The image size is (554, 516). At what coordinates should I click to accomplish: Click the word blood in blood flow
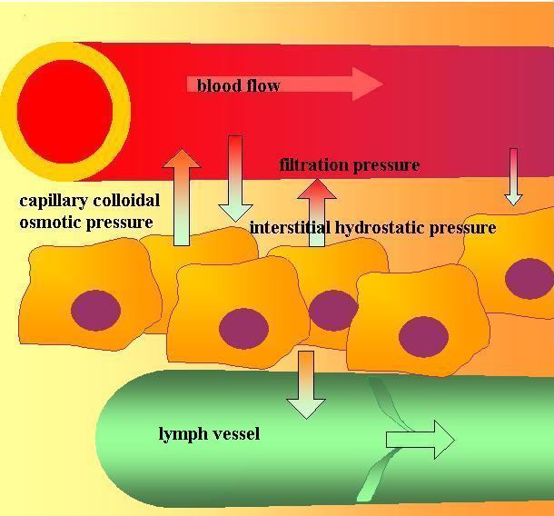[x=218, y=86]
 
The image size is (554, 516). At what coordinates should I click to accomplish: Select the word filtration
[x=314, y=165]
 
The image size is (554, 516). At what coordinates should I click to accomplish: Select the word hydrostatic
[x=380, y=228]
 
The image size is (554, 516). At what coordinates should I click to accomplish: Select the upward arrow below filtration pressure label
[x=317, y=213]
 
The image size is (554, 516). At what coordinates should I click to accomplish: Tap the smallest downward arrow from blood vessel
[x=513, y=176]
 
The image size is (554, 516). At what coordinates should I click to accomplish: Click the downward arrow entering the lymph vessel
[x=305, y=385]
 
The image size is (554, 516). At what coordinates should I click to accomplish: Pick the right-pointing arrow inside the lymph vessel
[x=420, y=440]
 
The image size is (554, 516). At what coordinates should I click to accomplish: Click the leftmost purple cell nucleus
[x=95, y=310]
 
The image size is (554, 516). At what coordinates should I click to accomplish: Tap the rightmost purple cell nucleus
[x=529, y=279]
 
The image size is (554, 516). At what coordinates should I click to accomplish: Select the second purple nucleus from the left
[x=242, y=328]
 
